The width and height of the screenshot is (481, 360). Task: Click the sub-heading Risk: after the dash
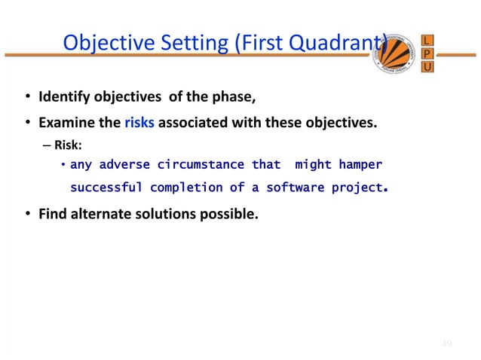(x=67, y=145)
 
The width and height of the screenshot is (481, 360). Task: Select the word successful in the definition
(x=106, y=187)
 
